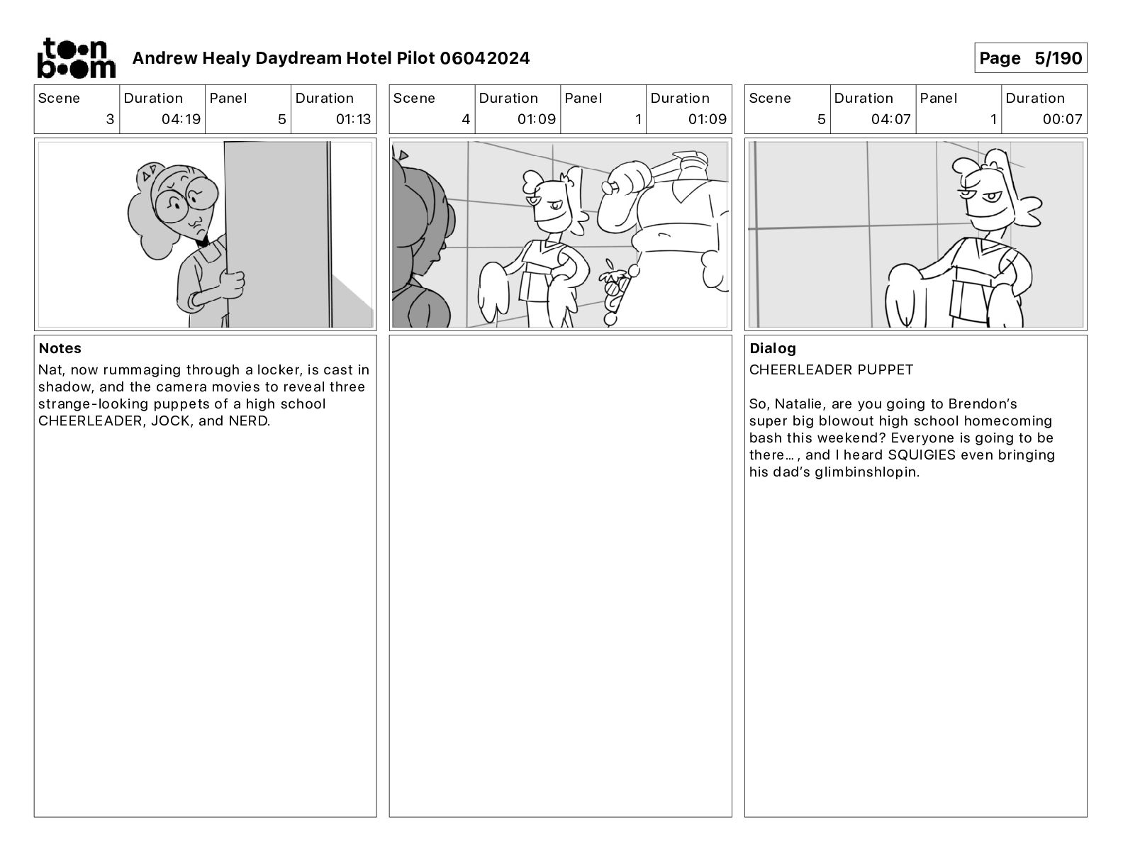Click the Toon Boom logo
(x=77, y=58)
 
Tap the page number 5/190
(x=1058, y=58)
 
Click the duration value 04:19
(x=181, y=119)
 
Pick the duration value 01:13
(x=354, y=119)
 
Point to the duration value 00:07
(x=1062, y=119)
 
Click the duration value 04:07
(x=891, y=119)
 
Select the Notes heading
(x=60, y=348)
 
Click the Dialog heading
(x=773, y=348)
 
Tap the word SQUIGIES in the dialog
(x=922, y=455)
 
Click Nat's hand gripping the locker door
(x=232, y=283)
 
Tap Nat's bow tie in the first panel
(x=202, y=241)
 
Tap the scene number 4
(x=466, y=119)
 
